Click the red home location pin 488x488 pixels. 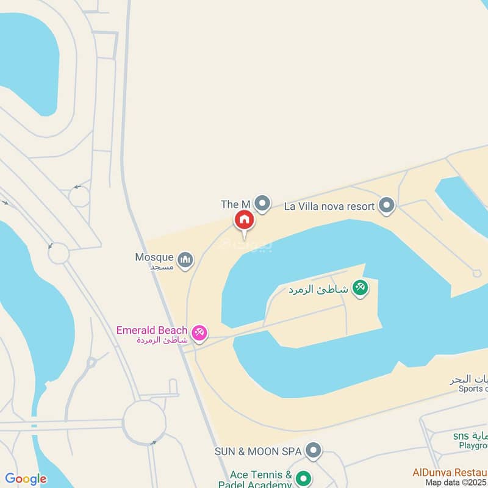coord(244,220)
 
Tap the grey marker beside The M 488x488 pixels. coord(262,203)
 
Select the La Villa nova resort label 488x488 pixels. coord(329,206)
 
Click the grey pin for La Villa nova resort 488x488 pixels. coord(386,206)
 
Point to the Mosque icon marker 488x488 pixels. coord(186,260)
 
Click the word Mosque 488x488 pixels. coord(154,257)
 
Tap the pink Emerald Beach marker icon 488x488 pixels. coord(199,333)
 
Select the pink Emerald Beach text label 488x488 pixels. coord(152,330)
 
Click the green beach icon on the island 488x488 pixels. coord(361,288)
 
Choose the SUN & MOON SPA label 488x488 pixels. coord(258,451)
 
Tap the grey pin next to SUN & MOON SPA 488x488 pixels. coord(313,451)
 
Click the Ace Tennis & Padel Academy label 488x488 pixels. coord(260,479)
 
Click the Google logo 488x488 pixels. coord(26,479)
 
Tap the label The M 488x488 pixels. coord(236,204)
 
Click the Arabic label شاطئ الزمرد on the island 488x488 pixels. coord(318,289)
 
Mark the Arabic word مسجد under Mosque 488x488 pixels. coord(163,267)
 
